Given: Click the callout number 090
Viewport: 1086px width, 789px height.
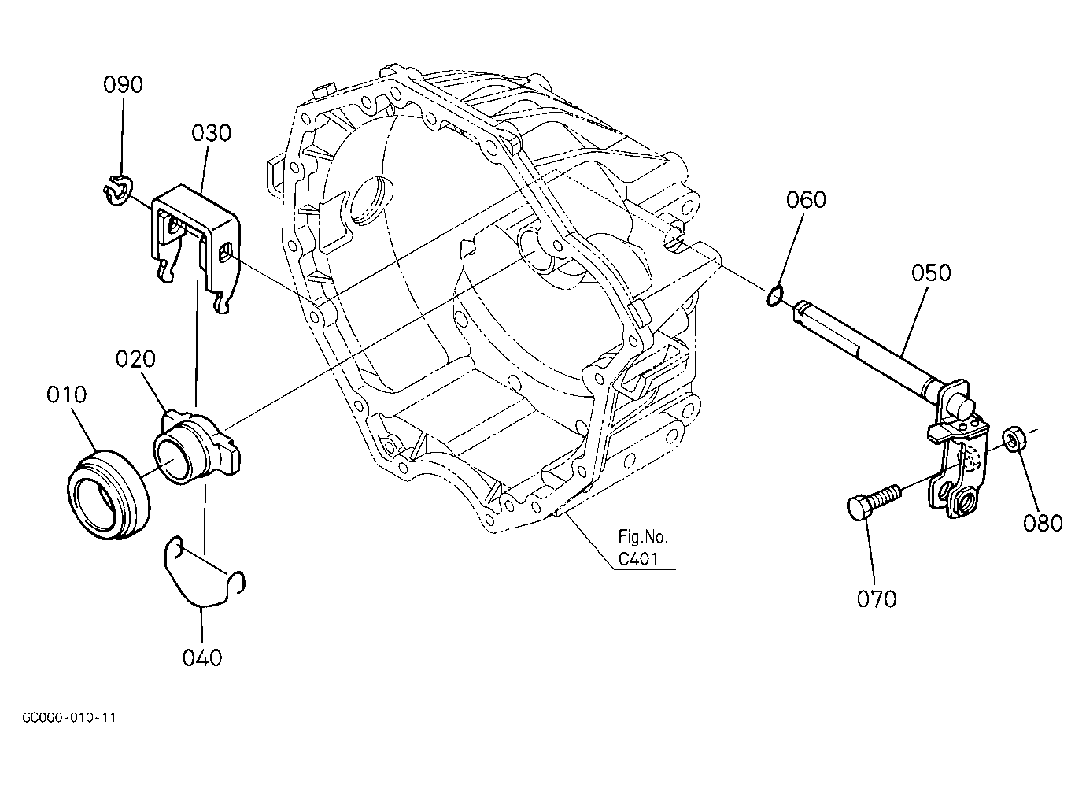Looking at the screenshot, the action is pyautogui.click(x=123, y=84).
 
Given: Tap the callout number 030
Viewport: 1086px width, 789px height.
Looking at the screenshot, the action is pyautogui.click(x=211, y=133).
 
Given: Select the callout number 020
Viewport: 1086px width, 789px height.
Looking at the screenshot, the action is pyautogui.click(x=135, y=359).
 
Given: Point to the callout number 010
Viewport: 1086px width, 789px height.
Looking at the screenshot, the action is pyautogui.click(x=66, y=394).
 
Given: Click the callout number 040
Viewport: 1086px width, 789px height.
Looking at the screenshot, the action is pyautogui.click(x=202, y=657).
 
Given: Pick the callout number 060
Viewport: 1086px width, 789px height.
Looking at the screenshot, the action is pyautogui.click(x=806, y=200).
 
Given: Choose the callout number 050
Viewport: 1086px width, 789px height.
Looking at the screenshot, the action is pyautogui.click(x=931, y=272).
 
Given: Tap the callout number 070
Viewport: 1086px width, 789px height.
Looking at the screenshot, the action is pyautogui.click(x=877, y=598).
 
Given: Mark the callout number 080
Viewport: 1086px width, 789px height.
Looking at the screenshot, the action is pyautogui.click(x=1043, y=523).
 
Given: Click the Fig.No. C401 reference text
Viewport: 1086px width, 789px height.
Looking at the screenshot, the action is pyautogui.click(x=643, y=548).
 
